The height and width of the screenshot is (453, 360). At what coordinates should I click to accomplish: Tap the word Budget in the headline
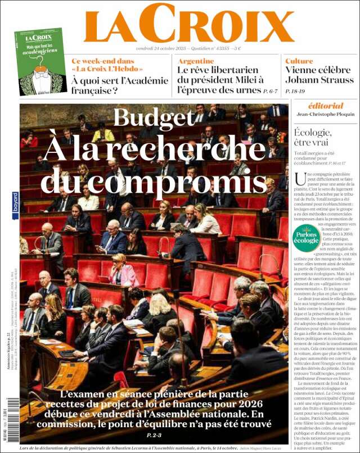tap(154, 117)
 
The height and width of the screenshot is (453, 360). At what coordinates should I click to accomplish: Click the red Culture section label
tap(299, 61)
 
